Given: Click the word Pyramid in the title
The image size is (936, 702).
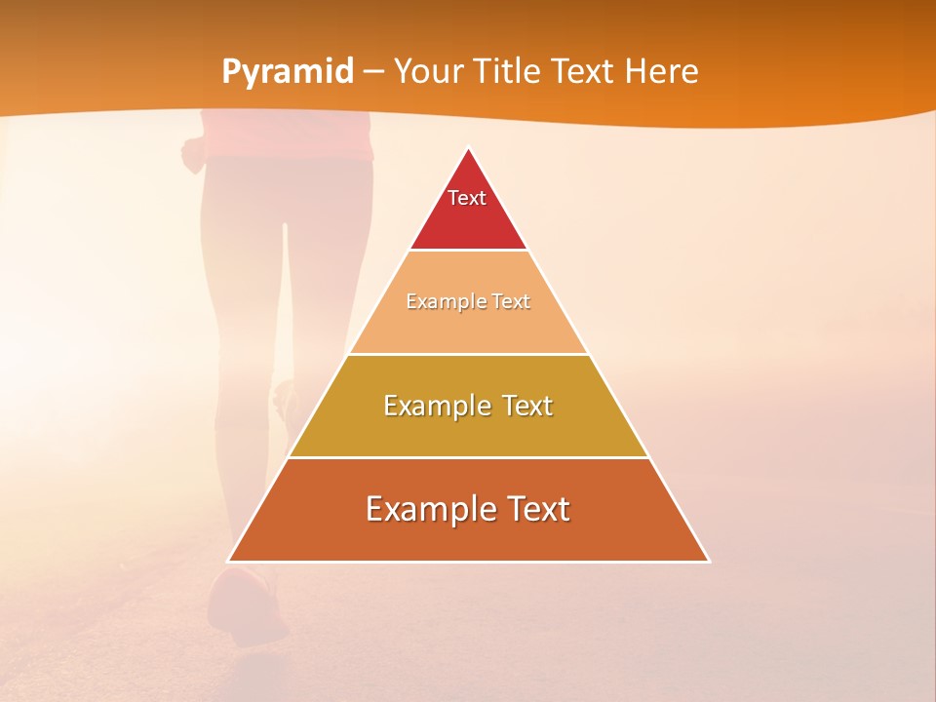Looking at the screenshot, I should click(288, 72).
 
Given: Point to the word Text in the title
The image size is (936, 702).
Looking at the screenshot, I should click(585, 72).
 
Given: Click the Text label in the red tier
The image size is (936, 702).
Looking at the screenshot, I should click(467, 198).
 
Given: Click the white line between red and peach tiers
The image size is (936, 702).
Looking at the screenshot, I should click(468, 250).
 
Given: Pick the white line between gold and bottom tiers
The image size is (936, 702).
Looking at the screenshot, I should click(468, 457).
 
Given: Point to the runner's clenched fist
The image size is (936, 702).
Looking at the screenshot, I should click(193, 154).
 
